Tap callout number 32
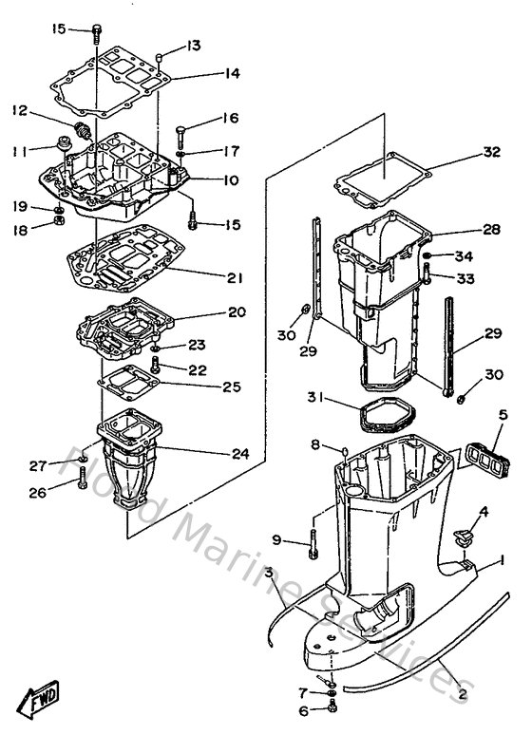click(x=490, y=152)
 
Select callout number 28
click(x=490, y=231)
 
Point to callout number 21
click(x=235, y=278)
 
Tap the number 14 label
click(x=232, y=74)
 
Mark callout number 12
click(x=19, y=111)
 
